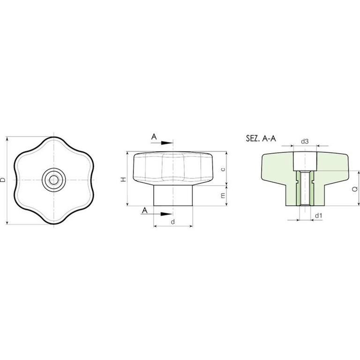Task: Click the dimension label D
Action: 3,180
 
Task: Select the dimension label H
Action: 124,180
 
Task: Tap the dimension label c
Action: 223,169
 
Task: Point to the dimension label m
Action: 223,195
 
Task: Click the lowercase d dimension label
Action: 173,222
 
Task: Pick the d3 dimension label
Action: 305,142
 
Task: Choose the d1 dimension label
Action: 318,216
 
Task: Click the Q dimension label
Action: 355,189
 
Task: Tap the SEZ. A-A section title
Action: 261,138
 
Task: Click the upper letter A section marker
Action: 154,137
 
